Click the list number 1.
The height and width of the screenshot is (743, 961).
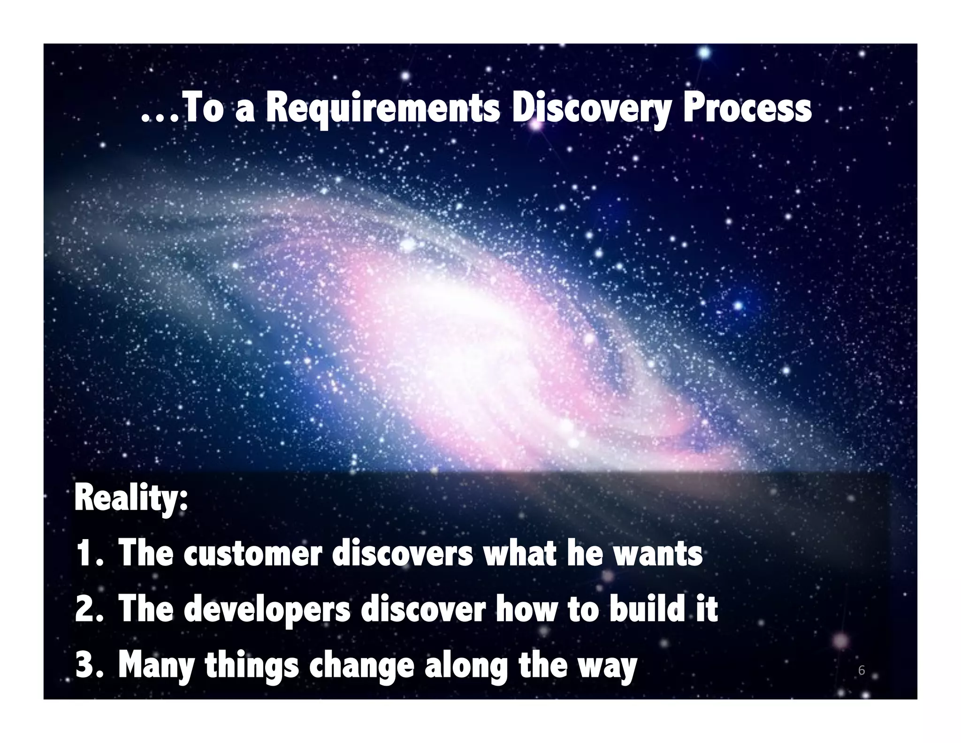pos(86,554)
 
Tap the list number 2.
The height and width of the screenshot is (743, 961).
pos(86,610)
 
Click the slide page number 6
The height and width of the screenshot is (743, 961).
pos(861,670)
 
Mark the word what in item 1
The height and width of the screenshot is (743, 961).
pos(519,554)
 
